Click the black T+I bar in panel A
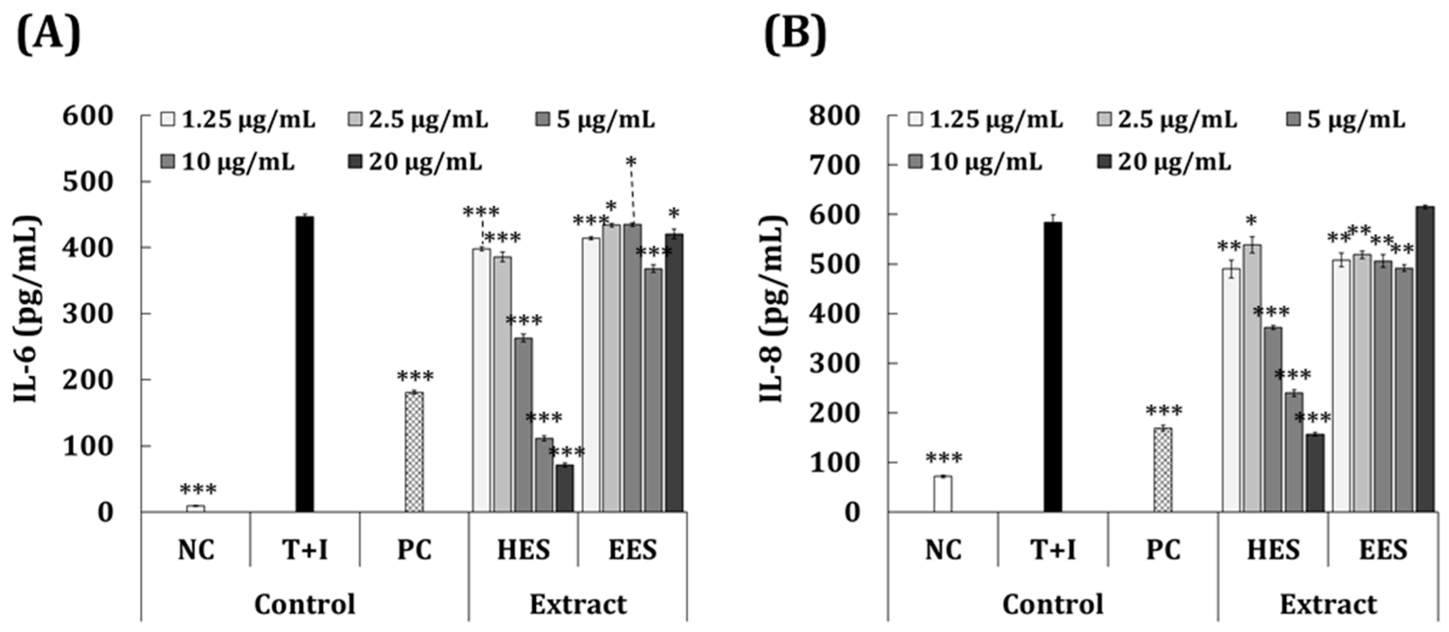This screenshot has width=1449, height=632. [x=305, y=364]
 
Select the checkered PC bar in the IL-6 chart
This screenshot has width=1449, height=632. [x=414, y=452]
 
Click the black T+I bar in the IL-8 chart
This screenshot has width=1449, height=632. [x=1053, y=367]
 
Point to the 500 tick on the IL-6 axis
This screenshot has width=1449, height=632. [x=88, y=182]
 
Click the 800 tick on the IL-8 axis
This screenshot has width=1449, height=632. [x=834, y=116]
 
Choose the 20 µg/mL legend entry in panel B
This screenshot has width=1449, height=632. [x=1165, y=162]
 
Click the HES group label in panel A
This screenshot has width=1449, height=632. [x=523, y=550]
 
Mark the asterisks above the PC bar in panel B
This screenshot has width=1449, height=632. [x=1164, y=411]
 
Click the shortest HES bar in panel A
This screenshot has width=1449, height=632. [x=565, y=488]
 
